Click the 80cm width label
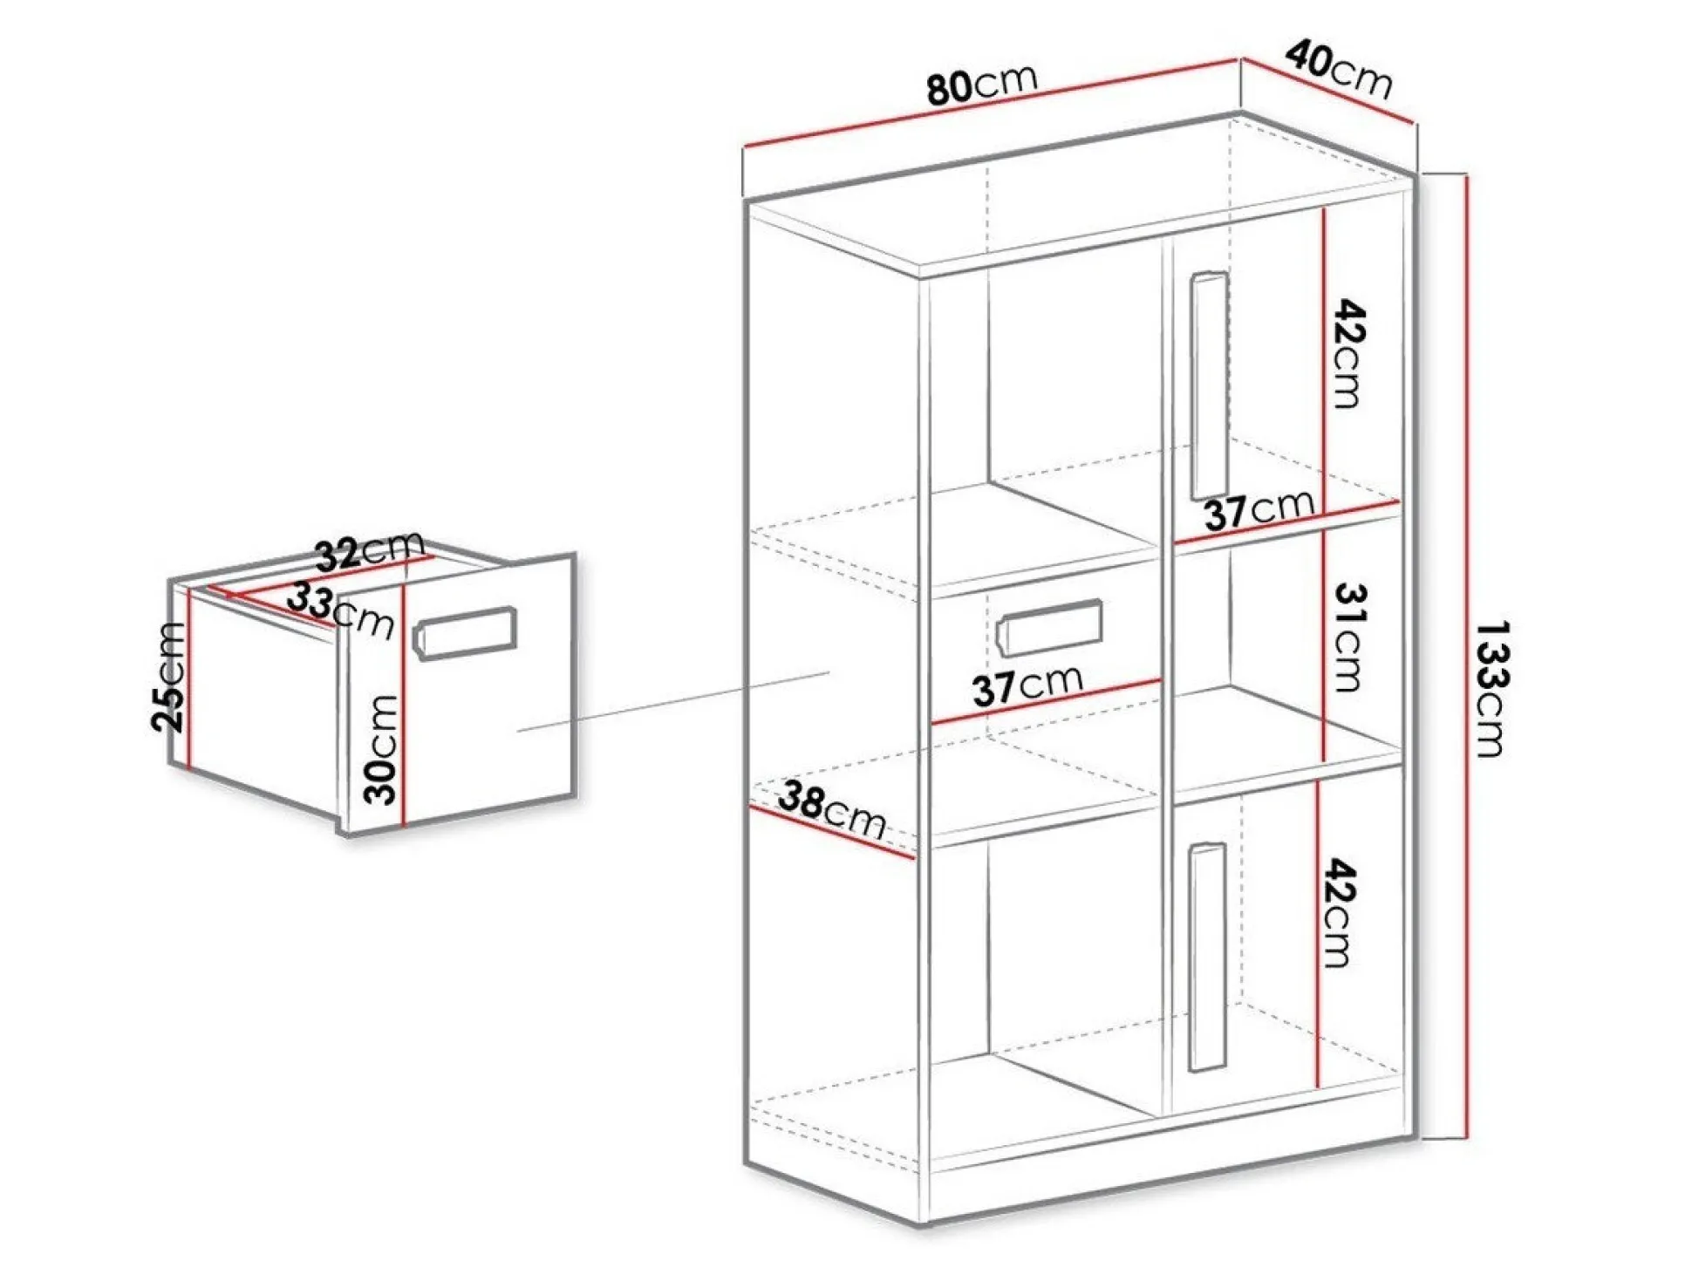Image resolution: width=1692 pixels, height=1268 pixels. [x=982, y=84]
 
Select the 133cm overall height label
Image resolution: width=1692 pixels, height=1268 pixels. [x=1492, y=689]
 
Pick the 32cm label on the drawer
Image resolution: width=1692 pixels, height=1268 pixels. [x=369, y=551]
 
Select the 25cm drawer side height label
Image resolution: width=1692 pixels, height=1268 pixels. [x=169, y=677]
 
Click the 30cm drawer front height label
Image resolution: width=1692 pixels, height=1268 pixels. [x=381, y=749]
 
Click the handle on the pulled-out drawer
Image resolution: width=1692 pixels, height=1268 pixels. [x=464, y=633]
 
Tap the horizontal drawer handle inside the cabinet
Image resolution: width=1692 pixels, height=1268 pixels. [x=1049, y=627]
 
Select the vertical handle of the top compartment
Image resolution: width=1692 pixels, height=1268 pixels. [x=1210, y=386]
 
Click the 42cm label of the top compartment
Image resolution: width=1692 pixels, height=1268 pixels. [x=1348, y=353]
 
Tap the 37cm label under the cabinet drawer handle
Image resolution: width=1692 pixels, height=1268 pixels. [x=1027, y=685]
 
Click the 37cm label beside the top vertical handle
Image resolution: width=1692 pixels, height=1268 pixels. [x=1259, y=509]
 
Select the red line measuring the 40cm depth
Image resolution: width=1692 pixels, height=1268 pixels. [x=1327, y=90]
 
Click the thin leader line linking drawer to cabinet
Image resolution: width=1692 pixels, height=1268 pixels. [x=672, y=701]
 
